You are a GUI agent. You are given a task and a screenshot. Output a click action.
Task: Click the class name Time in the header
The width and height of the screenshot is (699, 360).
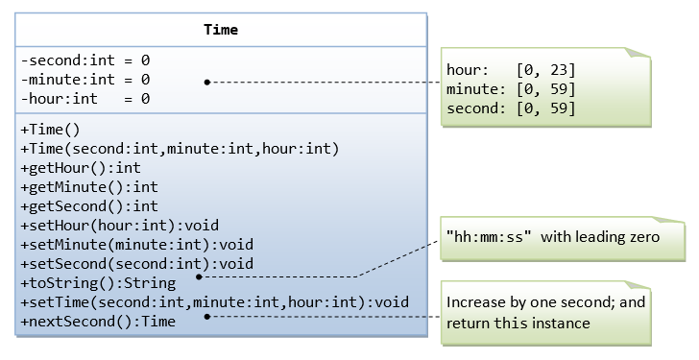[x=221, y=30]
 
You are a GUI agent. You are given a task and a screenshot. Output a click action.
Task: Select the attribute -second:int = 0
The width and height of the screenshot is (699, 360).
[x=84, y=60]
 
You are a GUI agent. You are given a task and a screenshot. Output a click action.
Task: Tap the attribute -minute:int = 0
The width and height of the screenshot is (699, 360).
[x=84, y=80]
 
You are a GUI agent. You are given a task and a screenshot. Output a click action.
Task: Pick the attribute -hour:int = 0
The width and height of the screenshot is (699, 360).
[x=84, y=99]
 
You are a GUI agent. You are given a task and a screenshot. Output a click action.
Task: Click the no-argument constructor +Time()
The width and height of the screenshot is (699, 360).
[x=50, y=130]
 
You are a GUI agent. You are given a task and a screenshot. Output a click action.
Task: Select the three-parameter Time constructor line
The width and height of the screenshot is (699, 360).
[x=180, y=149]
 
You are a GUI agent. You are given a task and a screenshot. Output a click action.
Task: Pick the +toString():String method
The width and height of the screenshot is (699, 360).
[x=97, y=283]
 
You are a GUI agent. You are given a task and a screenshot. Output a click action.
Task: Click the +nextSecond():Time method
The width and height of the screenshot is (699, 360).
[x=97, y=322]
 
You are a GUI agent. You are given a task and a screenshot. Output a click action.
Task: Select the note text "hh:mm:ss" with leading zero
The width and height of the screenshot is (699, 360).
[x=552, y=236]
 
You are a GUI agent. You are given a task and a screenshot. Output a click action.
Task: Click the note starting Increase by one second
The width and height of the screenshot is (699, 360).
[x=545, y=312]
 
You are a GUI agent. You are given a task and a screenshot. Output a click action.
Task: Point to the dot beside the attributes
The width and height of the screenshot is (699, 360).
[x=207, y=83]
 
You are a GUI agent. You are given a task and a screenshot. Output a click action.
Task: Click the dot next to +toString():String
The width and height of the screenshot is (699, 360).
[x=199, y=276]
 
